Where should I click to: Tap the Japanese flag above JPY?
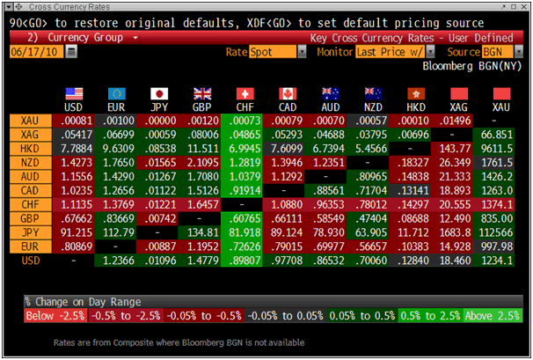159,93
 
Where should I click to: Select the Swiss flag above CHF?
244,93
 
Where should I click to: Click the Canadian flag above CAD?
286,93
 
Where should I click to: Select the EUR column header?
117,106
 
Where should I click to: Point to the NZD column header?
369,106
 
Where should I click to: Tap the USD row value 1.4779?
201,261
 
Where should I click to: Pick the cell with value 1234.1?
498,261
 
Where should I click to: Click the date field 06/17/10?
36,52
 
